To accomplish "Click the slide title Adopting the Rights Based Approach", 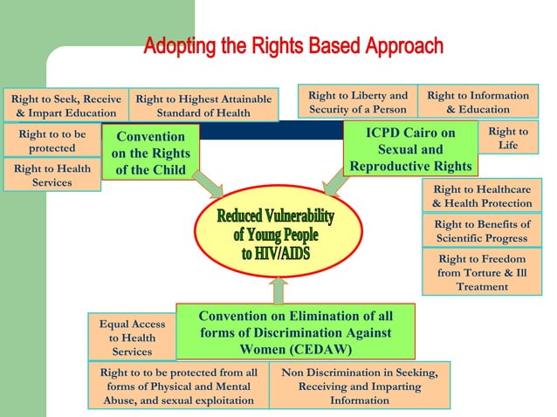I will (x=293, y=46).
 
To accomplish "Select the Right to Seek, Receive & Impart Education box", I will (x=65, y=105).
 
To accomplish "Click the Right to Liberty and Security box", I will (x=358, y=102).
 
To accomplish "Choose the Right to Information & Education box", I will (x=478, y=102).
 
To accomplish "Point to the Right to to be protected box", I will (x=52, y=141).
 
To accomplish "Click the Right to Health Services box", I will (x=52, y=175).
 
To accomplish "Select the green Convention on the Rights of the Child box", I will (x=150, y=153).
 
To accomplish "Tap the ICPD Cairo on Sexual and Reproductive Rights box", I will (x=411, y=149).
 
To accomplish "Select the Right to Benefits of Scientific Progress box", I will (x=481, y=231).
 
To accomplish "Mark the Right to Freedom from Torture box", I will (x=481, y=272).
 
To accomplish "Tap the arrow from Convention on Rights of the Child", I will (x=207, y=183).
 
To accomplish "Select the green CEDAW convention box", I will (x=295, y=332).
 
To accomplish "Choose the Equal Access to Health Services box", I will (x=132, y=337).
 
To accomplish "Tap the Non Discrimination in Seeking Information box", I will (x=360, y=386).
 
